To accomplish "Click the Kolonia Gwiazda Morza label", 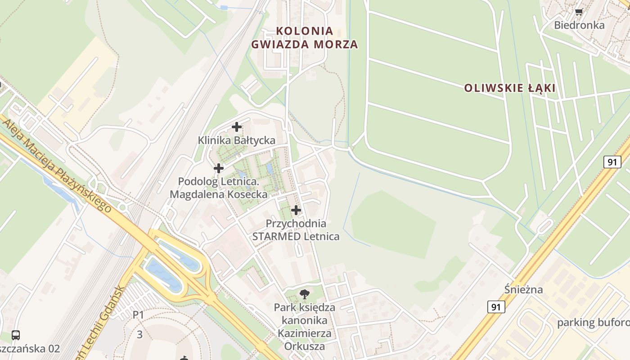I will pos(305,38).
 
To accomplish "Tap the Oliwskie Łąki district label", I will pos(510,88).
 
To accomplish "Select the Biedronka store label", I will pos(579,25).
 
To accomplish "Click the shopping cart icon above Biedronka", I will pos(579,12).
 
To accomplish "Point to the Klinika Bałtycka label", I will pos(237,140).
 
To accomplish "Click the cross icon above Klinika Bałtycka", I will pos(237,127).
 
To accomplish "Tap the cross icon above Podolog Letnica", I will pos(219,168).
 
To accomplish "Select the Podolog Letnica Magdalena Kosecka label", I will pos(219,188).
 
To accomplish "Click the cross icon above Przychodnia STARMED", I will pos(296,210).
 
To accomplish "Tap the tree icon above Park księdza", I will pos(305,295).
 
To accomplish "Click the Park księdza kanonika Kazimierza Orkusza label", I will pos(305,327).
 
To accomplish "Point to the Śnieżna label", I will pos(523,289).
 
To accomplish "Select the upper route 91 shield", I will pos(612,162).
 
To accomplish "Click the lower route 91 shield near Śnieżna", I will pos(496,307).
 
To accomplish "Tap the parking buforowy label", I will pos(593,323).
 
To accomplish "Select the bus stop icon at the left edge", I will pos(16,335).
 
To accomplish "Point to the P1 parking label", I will pos(138,315).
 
